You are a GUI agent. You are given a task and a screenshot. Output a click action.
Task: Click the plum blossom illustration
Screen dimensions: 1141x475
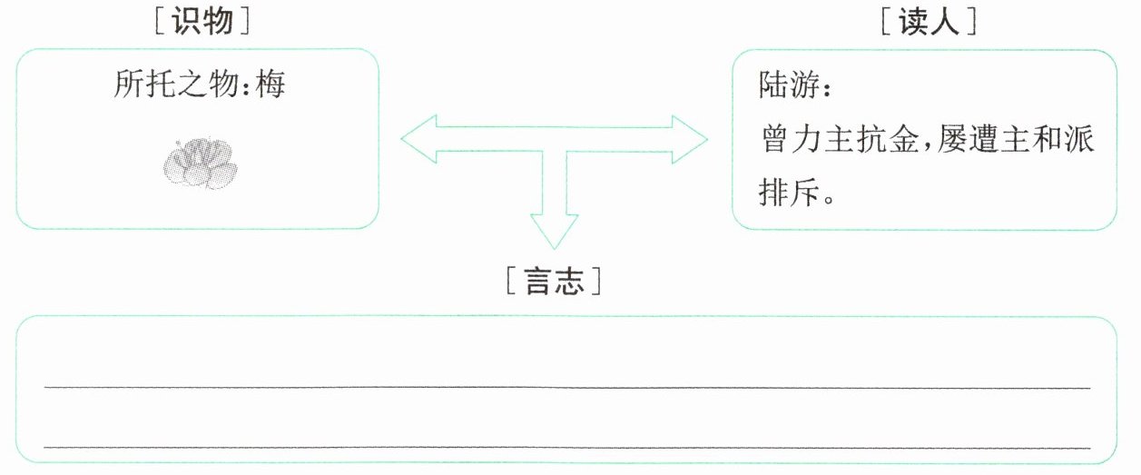point(199,164)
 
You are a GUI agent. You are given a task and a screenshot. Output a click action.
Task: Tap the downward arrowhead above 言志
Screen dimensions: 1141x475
point(554,233)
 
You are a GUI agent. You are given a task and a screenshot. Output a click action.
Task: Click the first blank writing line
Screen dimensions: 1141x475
point(567,387)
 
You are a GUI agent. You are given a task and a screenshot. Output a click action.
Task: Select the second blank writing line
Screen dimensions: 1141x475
point(567,447)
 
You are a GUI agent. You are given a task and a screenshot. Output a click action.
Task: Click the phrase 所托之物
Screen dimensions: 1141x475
point(177,86)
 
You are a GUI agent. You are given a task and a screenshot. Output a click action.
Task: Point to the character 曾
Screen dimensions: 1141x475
point(772,141)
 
